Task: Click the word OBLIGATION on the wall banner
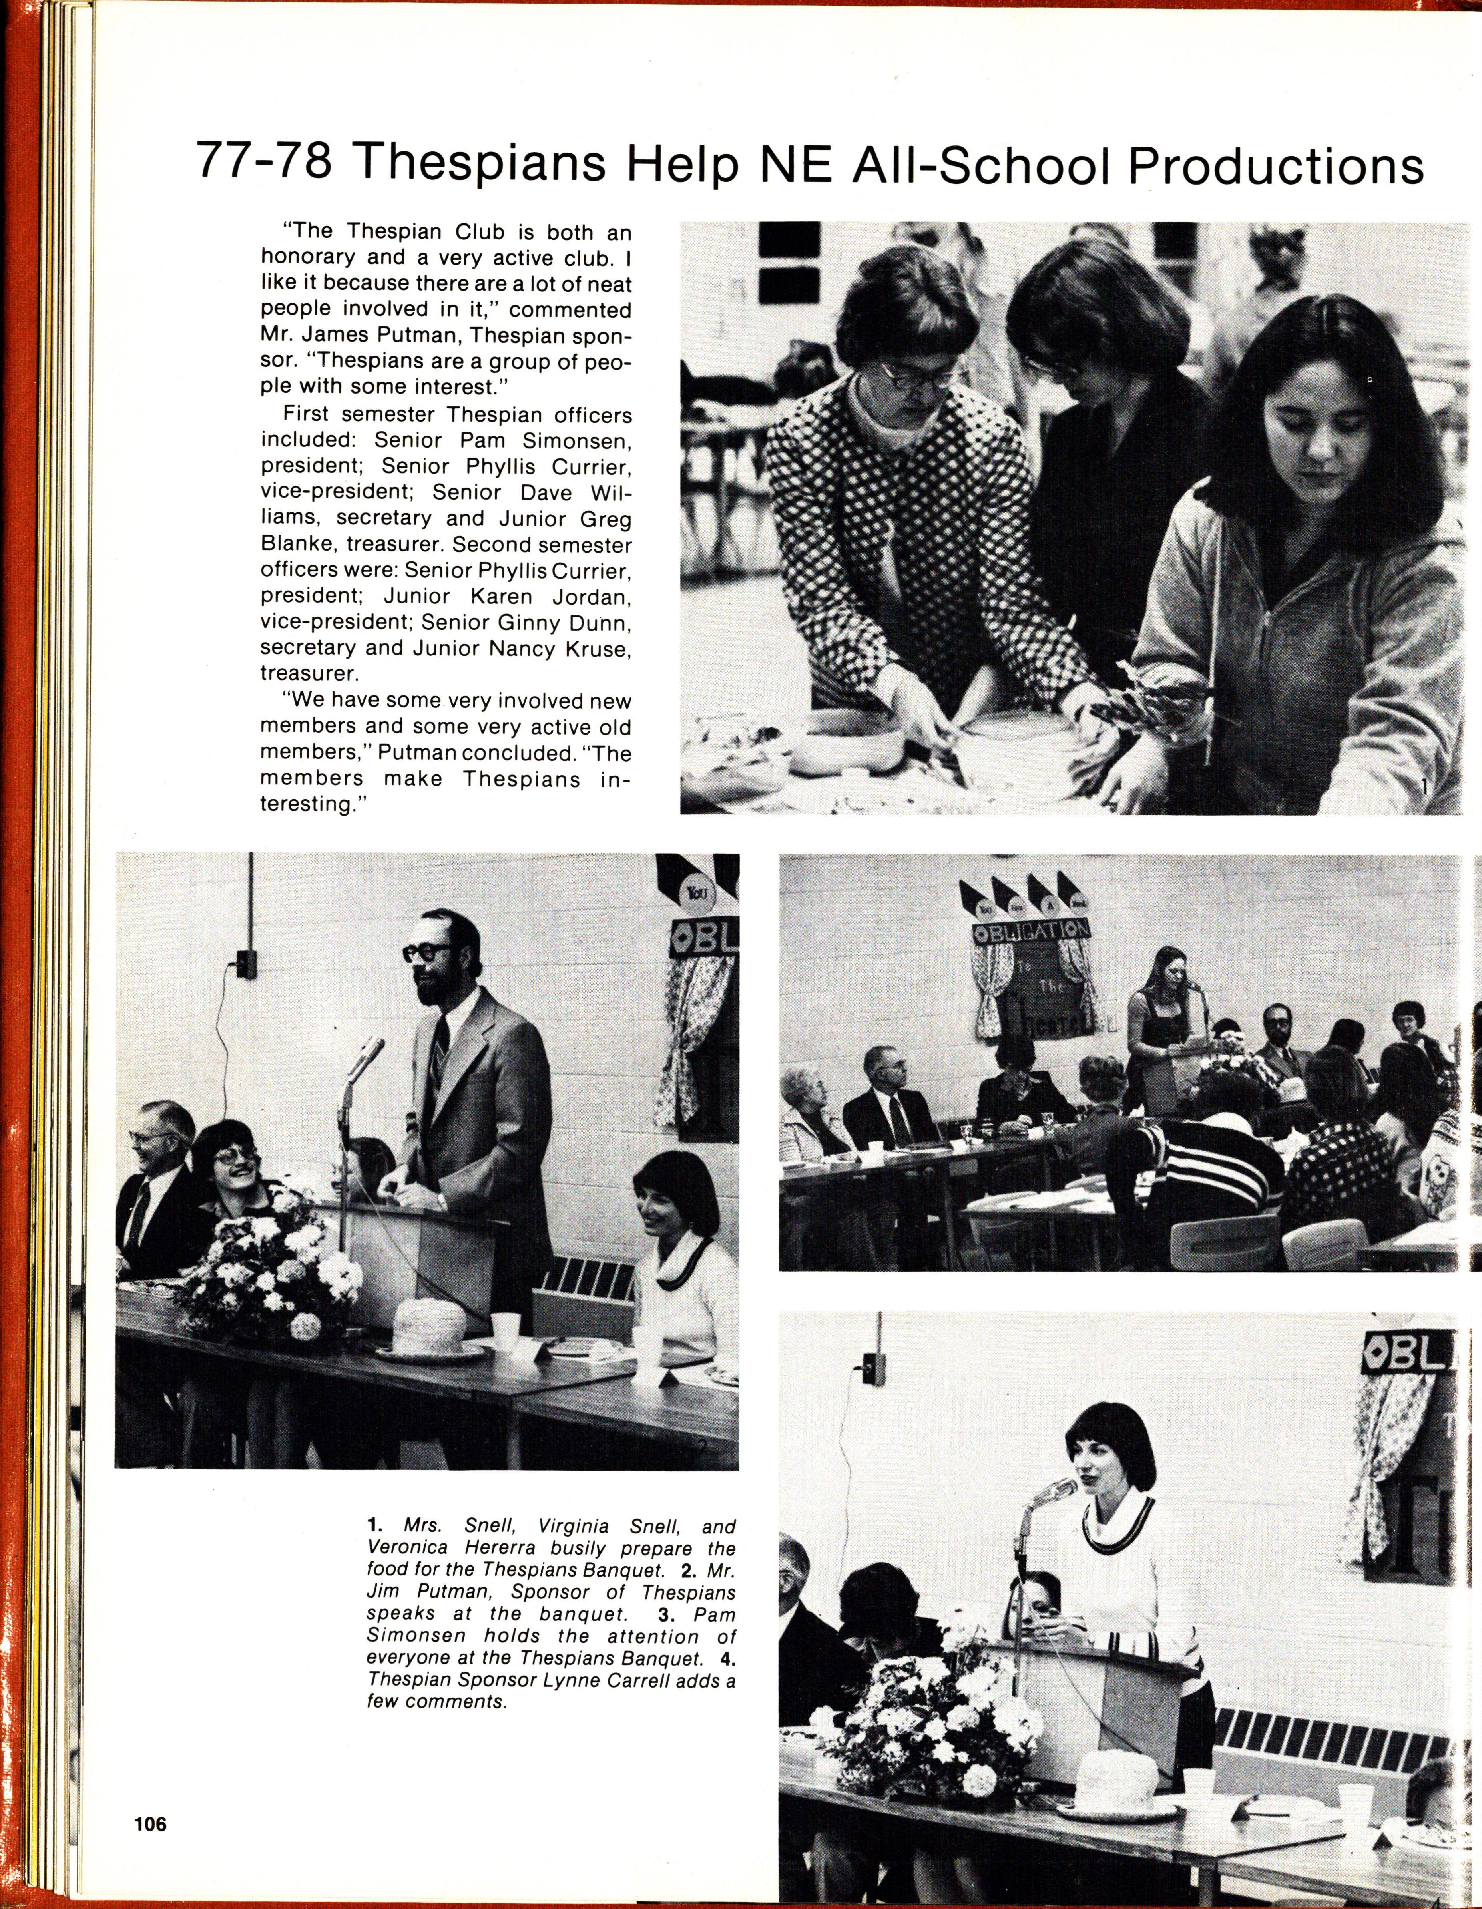1031,931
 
